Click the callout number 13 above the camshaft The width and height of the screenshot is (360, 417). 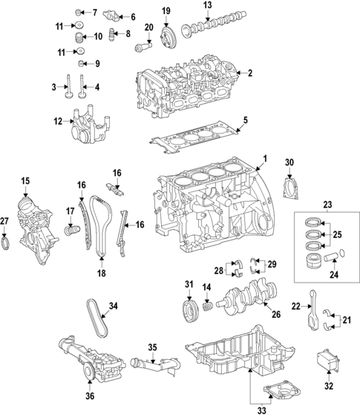pos(207,6)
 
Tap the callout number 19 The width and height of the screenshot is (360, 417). pos(166,10)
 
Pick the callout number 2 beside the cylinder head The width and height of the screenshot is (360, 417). pos(250,73)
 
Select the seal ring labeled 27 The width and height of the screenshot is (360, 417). pos(6,243)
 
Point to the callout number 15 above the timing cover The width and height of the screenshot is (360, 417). pos(24,180)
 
